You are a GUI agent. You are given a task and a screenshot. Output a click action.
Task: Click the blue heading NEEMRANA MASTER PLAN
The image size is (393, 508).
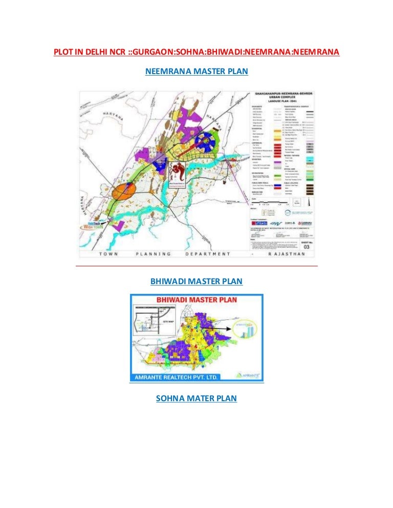196,73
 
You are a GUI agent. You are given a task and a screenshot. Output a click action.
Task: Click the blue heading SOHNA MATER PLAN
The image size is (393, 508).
196,398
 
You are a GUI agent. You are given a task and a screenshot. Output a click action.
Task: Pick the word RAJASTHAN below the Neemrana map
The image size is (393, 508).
294,254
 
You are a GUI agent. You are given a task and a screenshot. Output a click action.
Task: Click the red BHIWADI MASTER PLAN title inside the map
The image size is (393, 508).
196,300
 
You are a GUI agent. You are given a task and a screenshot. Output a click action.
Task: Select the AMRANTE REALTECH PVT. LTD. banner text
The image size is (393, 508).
178,376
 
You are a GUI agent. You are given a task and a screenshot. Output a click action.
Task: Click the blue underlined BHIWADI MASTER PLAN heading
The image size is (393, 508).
196,282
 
